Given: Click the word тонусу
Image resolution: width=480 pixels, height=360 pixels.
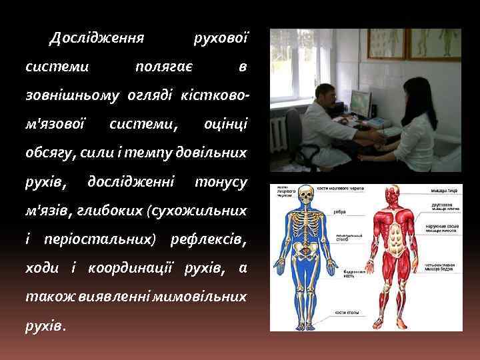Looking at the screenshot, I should click(x=221, y=181).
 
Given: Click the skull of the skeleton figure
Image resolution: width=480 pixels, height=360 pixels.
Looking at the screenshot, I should click(x=306, y=196).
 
